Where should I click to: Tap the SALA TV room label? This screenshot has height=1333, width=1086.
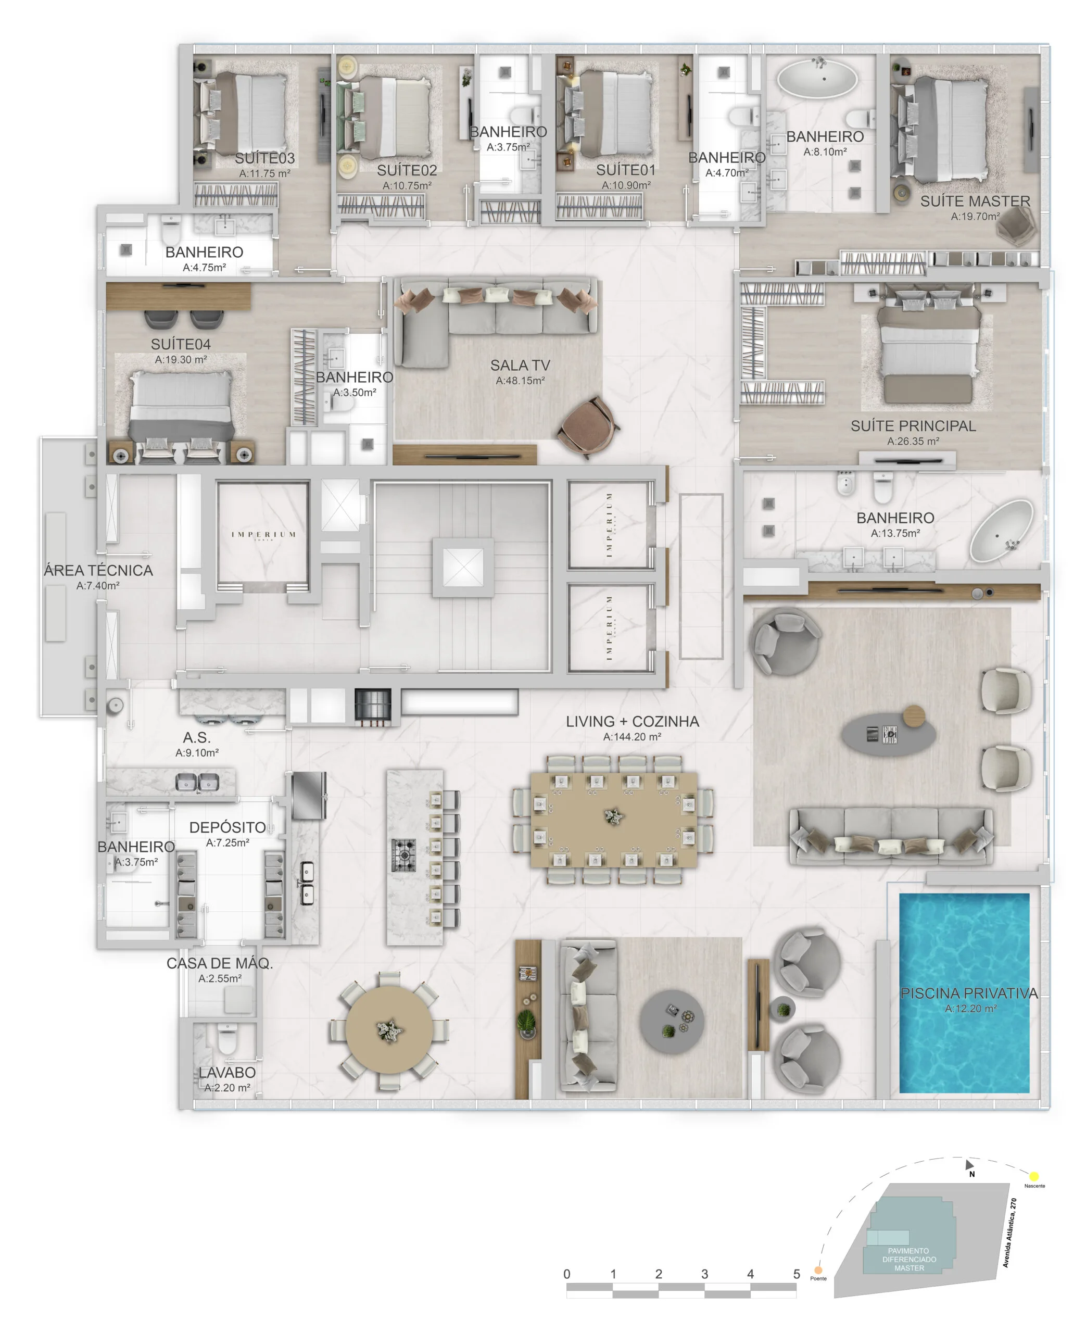coord(520,366)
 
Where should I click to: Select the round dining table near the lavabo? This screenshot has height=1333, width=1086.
coord(389,1030)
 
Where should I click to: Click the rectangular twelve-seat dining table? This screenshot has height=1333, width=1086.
coord(613,820)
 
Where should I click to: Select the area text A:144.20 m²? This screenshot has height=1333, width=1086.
coord(632,737)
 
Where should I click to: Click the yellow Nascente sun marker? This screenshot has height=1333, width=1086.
coord(1034,1176)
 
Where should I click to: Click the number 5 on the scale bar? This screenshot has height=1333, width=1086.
coord(797,1274)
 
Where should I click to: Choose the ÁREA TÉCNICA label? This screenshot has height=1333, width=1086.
coord(98,571)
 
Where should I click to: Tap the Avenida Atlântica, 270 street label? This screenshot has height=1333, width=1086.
coord(1009,1233)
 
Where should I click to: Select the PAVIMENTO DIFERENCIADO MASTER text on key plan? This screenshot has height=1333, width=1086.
coord(909,1259)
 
